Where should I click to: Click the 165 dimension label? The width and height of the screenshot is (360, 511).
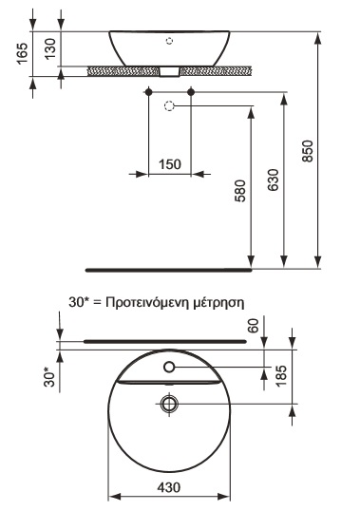[x=23, y=53]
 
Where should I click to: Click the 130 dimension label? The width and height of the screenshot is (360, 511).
[x=50, y=48]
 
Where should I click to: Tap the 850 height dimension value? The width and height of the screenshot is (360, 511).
[x=308, y=151]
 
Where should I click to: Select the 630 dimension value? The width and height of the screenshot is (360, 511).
[x=273, y=180]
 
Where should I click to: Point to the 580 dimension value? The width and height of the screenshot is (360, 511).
[x=240, y=191]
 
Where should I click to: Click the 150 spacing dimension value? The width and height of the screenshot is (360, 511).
[x=170, y=164]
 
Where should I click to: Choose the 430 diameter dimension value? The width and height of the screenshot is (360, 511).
[x=169, y=487]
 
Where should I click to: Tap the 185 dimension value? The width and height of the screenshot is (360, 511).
[x=280, y=376]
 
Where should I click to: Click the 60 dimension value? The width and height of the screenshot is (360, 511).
[x=254, y=326]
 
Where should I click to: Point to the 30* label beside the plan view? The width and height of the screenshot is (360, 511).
[x=50, y=377]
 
